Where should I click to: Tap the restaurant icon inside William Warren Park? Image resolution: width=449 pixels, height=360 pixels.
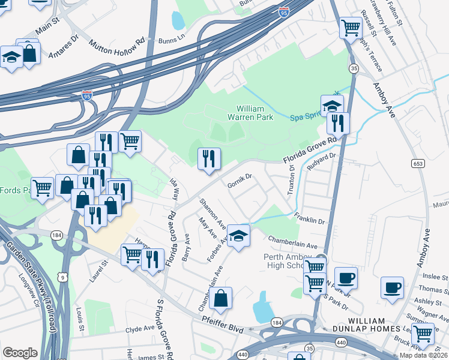(209, 159)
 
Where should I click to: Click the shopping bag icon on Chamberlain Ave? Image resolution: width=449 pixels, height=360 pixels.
(221, 298)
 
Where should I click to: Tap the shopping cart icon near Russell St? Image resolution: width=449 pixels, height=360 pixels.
(350, 28)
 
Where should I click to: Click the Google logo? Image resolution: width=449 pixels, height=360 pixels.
(20, 353)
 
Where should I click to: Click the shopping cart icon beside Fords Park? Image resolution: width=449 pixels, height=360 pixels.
(42, 188)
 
